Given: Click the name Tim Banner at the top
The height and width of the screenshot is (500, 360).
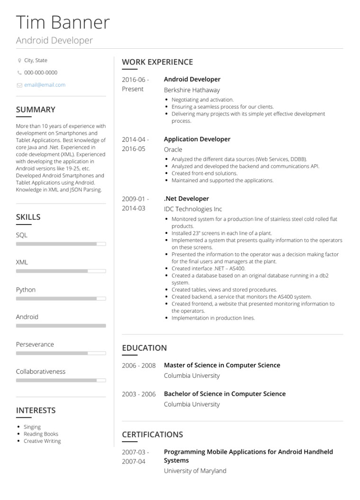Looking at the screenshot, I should pyautogui.click(x=63, y=23).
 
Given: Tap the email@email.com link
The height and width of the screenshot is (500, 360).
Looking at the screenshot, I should pyautogui.click(x=45, y=85).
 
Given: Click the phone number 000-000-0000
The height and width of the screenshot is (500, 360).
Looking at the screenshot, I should pyautogui.click(x=41, y=73).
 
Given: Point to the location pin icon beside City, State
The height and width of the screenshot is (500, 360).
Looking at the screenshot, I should pyautogui.click(x=19, y=61).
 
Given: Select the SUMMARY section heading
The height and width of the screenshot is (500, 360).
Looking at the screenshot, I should pyautogui.click(x=36, y=109).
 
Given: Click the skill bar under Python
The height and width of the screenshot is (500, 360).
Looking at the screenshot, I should pyautogui.click(x=61, y=299).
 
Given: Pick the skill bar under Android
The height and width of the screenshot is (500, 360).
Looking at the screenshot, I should pyautogui.click(x=61, y=326).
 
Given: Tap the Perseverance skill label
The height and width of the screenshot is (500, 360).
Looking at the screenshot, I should pyautogui.click(x=35, y=344).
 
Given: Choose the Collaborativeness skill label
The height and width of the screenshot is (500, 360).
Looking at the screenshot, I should pyautogui.click(x=41, y=372).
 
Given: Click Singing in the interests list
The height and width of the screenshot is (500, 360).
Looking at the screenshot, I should pyautogui.click(x=32, y=427).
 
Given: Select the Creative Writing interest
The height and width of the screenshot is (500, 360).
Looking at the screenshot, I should pyautogui.click(x=42, y=441).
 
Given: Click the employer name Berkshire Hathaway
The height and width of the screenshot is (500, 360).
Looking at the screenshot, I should pyautogui.click(x=192, y=90).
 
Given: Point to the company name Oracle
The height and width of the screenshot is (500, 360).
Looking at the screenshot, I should pyautogui.click(x=173, y=150).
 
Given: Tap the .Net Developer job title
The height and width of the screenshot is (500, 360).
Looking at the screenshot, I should pyautogui.click(x=186, y=199).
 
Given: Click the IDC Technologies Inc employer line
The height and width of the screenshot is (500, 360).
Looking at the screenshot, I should pyautogui.click(x=193, y=209).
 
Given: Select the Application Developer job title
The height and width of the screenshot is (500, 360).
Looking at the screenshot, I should pyautogui.click(x=197, y=139).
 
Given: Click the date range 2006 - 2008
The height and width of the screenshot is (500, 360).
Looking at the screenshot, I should pyautogui.click(x=139, y=366).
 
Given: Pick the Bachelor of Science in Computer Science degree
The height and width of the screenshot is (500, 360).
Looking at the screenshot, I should pyautogui.click(x=225, y=394).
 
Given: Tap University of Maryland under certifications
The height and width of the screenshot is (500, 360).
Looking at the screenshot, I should pyautogui.click(x=195, y=471).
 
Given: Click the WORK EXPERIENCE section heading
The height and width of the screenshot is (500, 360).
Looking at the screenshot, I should pyautogui.click(x=157, y=62).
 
